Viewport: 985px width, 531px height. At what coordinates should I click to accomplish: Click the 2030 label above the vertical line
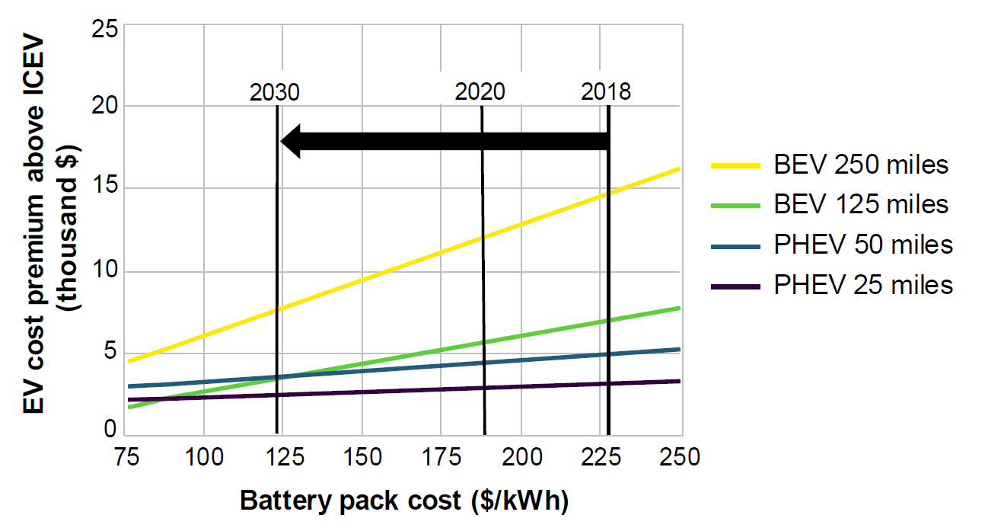[275, 92]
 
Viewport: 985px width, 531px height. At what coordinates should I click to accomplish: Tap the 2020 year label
[480, 92]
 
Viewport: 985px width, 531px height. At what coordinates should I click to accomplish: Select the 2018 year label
[606, 92]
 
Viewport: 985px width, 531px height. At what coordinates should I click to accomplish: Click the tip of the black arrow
[282, 141]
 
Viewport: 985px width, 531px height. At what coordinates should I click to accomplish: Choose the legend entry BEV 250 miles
[861, 165]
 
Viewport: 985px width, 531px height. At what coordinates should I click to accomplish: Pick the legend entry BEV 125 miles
[861, 204]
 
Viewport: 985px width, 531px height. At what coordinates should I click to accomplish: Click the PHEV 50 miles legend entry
[863, 245]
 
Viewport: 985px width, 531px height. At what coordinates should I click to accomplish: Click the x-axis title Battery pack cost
[404, 501]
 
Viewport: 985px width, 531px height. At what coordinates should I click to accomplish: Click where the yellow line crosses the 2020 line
[483, 238]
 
